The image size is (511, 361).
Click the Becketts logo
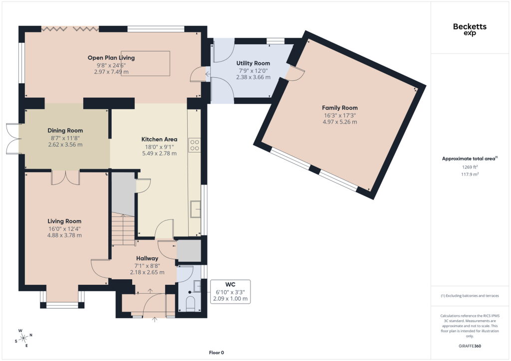coord(470,29)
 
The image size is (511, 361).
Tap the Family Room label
coord(339,108)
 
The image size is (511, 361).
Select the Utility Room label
coord(253,63)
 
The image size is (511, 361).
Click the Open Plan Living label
coord(111,58)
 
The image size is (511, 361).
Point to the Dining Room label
coord(65,131)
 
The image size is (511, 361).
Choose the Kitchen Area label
coord(159,139)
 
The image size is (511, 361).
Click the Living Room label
coord(64,221)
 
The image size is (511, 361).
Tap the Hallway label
coord(147,258)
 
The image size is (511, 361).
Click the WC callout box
coord(231,292)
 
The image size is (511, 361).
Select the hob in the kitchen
coord(195,145)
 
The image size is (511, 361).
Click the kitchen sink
coord(196,209)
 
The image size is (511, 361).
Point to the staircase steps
coord(123,229)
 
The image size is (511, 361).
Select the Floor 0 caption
coord(217,353)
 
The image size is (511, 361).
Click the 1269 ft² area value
coord(470,167)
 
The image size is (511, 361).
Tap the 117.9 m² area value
coord(470,174)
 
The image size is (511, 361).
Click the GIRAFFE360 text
coord(470,346)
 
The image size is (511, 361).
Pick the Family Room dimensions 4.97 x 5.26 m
coord(339,122)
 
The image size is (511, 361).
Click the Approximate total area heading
coord(470,159)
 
